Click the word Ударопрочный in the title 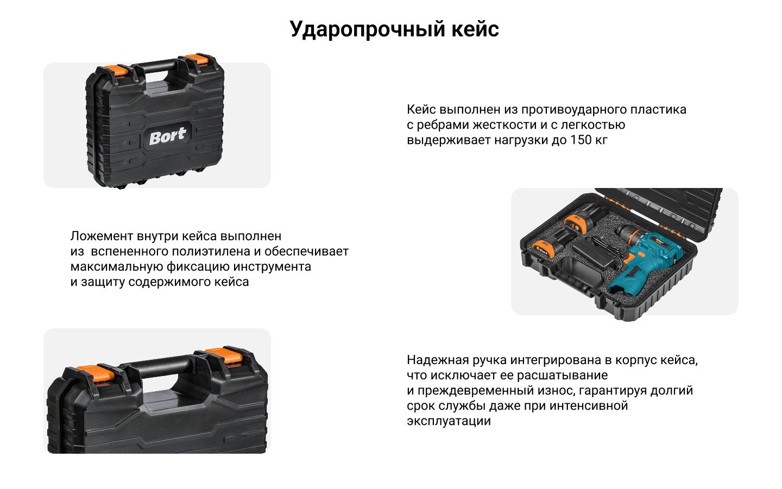(367, 30)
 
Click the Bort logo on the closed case (168, 136)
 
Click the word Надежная (438, 360)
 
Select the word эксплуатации (449, 421)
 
